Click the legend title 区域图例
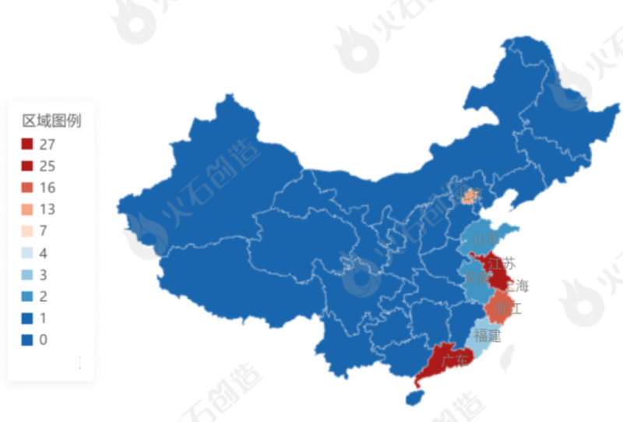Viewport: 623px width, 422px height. (x=51, y=121)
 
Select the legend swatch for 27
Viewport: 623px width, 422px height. (x=27, y=144)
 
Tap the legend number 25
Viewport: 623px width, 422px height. (x=47, y=166)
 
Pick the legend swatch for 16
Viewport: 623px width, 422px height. (x=27, y=188)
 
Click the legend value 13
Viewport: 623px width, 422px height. (x=47, y=209)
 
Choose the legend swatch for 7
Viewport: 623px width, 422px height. (x=27, y=231)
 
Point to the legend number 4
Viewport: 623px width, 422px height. (x=43, y=253)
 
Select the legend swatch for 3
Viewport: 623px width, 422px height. (x=27, y=275)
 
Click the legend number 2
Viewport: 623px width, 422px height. (x=43, y=297)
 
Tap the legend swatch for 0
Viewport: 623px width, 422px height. (x=27, y=340)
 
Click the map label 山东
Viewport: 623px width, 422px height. (x=484, y=238)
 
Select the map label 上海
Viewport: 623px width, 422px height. (x=516, y=286)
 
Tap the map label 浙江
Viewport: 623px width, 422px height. (x=507, y=309)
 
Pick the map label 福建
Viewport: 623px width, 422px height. (x=487, y=336)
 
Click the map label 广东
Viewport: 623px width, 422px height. (x=454, y=360)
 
